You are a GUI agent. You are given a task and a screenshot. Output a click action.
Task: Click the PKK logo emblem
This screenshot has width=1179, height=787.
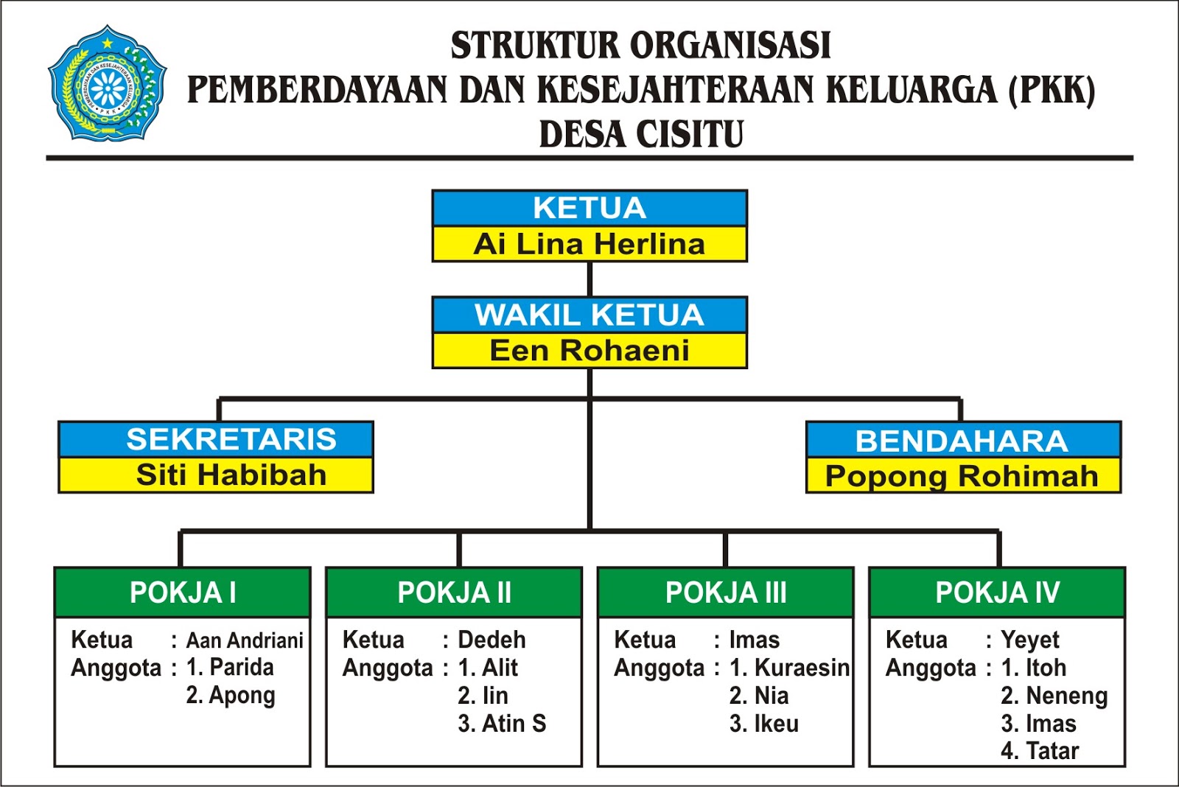(x=108, y=84)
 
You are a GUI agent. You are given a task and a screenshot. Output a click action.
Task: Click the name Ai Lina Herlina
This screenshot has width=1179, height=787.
(x=589, y=245)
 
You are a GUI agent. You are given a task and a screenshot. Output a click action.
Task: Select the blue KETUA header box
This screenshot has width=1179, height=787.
(x=589, y=209)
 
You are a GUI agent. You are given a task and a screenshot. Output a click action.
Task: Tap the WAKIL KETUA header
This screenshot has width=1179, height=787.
(x=589, y=315)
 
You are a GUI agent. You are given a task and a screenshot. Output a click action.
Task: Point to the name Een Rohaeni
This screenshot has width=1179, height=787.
(x=589, y=351)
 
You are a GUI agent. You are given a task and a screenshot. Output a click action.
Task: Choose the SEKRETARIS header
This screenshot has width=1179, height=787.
(x=216, y=439)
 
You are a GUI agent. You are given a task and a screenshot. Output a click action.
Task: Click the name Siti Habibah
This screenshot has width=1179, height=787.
(x=231, y=475)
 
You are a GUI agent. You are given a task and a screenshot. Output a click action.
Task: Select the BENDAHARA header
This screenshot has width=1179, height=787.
(x=962, y=441)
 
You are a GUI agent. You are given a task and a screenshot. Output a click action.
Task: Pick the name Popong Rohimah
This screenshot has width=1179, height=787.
(x=962, y=477)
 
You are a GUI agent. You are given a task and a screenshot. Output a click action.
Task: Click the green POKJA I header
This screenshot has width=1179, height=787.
(x=183, y=592)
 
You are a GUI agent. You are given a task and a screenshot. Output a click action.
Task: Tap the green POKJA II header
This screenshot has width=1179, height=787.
(x=454, y=592)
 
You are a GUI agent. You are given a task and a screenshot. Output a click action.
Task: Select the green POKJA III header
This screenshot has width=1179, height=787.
(x=726, y=592)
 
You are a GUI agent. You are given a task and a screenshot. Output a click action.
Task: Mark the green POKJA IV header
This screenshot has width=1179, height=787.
(x=997, y=592)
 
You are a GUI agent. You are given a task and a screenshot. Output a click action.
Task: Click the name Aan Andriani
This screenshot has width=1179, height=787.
(x=245, y=640)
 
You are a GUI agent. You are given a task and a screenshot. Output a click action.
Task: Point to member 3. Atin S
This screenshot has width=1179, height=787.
(x=502, y=724)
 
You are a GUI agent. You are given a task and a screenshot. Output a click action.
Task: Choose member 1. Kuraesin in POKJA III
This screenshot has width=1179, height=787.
(x=789, y=668)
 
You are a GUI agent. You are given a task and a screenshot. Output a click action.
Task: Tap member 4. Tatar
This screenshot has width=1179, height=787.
(x=1040, y=751)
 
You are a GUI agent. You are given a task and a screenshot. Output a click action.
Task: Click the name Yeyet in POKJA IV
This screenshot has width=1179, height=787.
(x=1029, y=640)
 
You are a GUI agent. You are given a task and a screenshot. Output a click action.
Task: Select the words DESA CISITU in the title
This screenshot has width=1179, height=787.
(x=641, y=135)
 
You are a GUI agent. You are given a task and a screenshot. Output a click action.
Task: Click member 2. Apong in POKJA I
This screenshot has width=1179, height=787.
(x=231, y=696)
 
